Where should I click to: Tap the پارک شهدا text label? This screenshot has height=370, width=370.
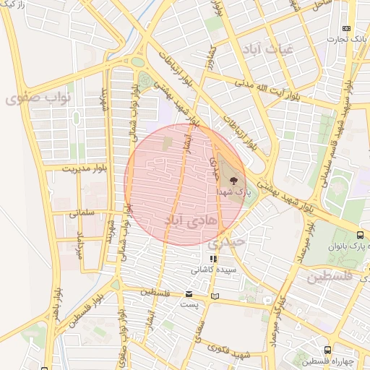pos(232,193)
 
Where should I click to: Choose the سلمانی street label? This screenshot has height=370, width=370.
pos(83,214)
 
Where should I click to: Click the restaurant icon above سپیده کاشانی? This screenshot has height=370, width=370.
pos(212,259)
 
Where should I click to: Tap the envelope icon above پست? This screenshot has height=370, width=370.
pos(189,294)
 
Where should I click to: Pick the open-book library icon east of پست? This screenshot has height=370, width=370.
pos(214,296)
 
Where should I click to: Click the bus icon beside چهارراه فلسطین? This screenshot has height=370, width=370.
pos(329,350)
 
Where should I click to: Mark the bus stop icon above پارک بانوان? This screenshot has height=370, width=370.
pos(360,235)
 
